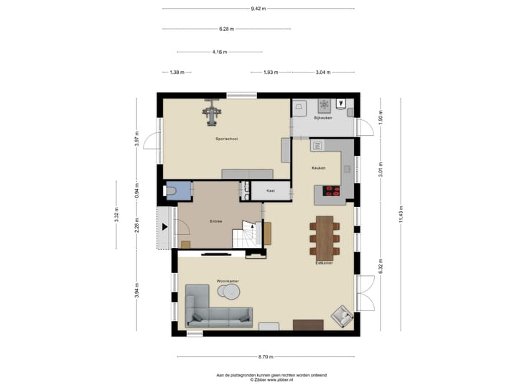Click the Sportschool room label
coord(226,138)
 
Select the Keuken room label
coord(318,168)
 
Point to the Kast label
coord(271,191)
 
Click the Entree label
coord(215,221)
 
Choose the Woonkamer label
coord(228,280)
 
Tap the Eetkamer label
coord(323,263)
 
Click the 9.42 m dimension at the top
coord(258,9)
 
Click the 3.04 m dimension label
coord(323,73)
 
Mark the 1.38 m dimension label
coord(177,73)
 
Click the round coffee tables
coord(229,291)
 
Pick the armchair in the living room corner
coord(342,315)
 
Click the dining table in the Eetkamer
coord(325,237)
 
